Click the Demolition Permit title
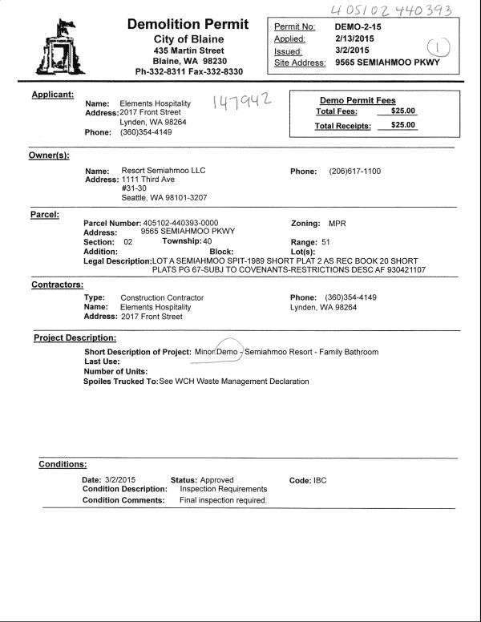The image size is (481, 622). (188, 24)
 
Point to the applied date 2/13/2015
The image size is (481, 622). (356, 38)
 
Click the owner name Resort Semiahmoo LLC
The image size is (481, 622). (164, 172)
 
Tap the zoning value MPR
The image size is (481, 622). (338, 223)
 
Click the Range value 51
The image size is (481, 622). (325, 241)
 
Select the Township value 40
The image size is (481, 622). (207, 241)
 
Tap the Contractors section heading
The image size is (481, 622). (57, 285)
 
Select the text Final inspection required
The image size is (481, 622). (223, 500)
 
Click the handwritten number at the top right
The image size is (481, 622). (394, 10)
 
